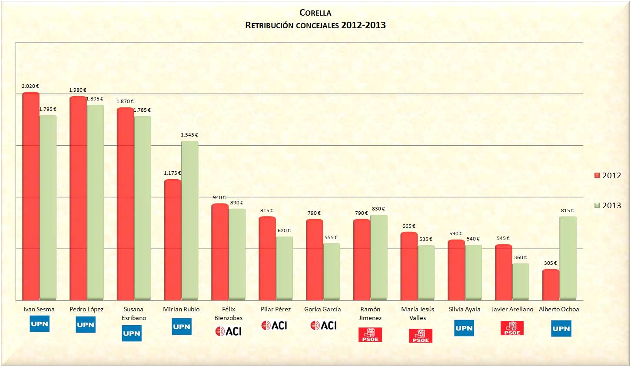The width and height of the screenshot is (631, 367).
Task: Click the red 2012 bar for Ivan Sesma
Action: (x=31, y=196)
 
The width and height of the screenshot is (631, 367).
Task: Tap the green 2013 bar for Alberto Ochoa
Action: (x=568, y=258)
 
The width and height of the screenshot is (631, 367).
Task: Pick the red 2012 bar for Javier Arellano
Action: (x=503, y=272)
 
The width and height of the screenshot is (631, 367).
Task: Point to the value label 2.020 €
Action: (x=30, y=86)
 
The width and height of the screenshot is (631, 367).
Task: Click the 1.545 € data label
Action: (x=189, y=135)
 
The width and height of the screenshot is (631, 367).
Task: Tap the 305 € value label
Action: (x=550, y=263)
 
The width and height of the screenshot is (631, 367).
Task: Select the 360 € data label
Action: (x=520, y=257)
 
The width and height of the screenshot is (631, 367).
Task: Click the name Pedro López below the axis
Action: (x=86, y=309)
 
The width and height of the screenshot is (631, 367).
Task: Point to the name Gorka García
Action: (x=322, y=309)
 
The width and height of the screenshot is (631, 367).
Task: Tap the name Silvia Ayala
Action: (x=465, y=309)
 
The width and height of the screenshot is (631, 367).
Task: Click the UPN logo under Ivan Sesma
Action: (x=40, y=324)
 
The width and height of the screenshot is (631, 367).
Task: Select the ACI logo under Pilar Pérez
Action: (x=274, y=325)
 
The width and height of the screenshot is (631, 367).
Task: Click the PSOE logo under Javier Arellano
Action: (x=512, y=328)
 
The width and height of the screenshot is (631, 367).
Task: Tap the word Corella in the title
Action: (x=315, y=13)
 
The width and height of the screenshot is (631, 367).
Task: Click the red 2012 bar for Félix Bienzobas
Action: (x=220, y=252)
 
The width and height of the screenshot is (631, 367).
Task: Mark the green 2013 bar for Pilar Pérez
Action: (x=284, y=268)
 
